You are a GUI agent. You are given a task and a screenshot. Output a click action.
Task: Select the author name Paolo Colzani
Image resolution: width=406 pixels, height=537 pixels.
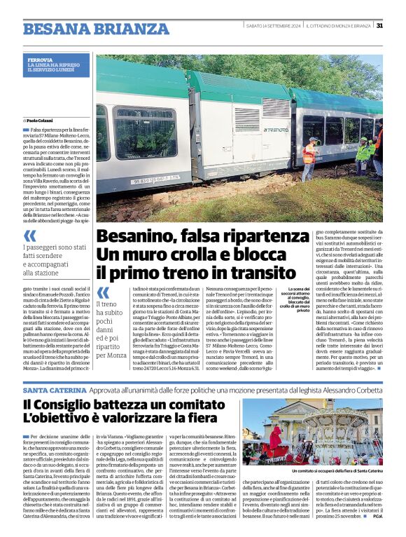(43, 121)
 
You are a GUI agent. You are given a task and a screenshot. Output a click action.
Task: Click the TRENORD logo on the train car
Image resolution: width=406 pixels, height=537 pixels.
(276, 130)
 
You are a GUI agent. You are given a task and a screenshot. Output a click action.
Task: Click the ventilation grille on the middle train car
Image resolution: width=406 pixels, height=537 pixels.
(274, 107)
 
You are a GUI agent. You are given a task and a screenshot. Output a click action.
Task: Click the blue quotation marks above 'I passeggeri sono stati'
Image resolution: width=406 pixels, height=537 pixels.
(30, 236)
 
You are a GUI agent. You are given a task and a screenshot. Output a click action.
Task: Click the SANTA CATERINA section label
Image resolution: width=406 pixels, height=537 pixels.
(54, 389)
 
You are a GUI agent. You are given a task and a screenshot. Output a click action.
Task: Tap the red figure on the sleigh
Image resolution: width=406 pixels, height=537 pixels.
(274, 439)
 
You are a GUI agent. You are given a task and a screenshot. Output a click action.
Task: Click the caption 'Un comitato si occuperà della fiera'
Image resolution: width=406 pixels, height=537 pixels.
(337, 471)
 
